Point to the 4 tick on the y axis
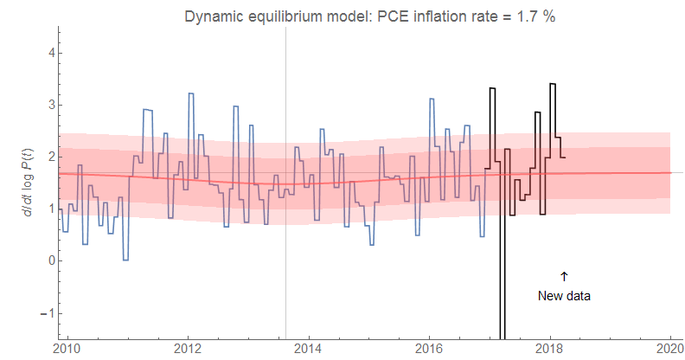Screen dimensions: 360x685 click(x=51, y=53)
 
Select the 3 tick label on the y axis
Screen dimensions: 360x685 click(x=51, y=105)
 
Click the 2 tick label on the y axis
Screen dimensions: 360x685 click(x=51, y=157)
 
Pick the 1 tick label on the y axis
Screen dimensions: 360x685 click(x=51, y=209)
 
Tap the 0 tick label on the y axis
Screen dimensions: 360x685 click(x=51, y=260)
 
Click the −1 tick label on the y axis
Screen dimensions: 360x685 click(x=48, y=312)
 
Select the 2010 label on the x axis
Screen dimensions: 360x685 click(x=67, y=349)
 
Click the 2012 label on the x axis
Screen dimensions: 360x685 click(x=188, y=349)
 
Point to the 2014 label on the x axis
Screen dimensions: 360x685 click(x=309, y=349)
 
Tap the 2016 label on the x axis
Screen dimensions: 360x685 click(x=430, y=349)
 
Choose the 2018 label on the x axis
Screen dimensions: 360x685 click(x=550, y=349)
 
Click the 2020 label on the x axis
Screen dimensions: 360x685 click(x=670, y=349)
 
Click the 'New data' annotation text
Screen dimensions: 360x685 click(x=564, y=295)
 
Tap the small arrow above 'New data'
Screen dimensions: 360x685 click(x=564, y=276)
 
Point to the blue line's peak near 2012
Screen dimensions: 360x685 click(x=190, y=93)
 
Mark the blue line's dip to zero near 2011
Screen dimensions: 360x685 click(x=125, y=260)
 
